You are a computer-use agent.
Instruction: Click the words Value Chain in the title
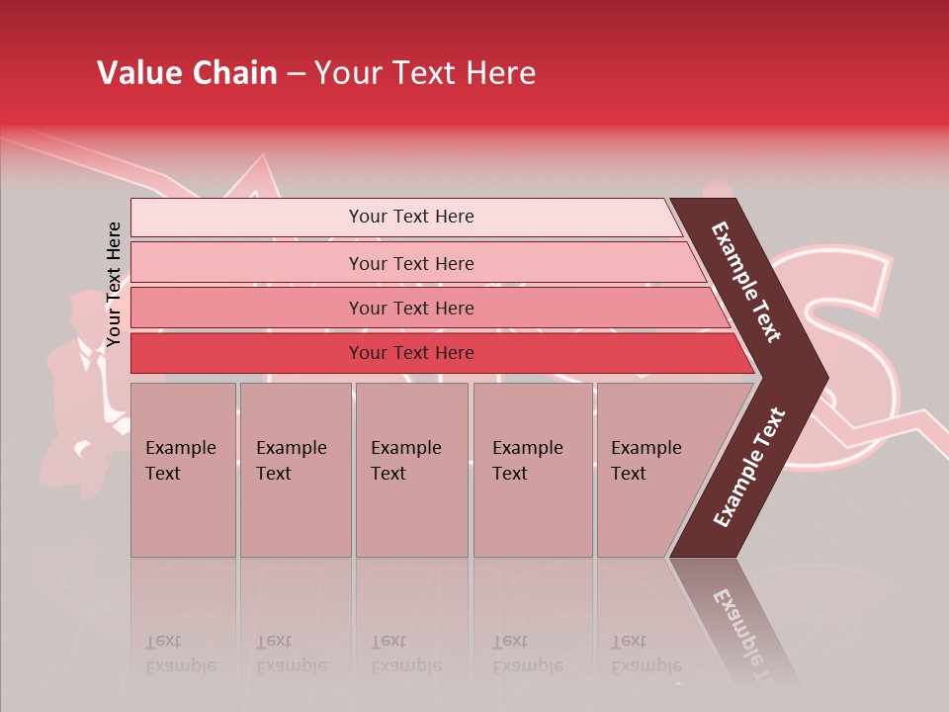coord(187,73)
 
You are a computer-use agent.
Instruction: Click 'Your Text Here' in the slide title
coord(425,73)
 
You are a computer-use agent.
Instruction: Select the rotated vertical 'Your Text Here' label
coord(114,284)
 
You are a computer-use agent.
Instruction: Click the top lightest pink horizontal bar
coord(411,217)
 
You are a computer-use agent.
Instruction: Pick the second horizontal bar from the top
coord(411,263)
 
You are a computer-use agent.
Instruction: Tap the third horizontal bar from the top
coord(411,308)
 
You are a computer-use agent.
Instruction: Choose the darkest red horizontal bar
coord(411,353)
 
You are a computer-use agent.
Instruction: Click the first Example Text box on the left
coord(183,469)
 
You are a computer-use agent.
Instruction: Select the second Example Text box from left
coord(295,469)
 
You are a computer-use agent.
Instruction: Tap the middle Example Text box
coord(411,469)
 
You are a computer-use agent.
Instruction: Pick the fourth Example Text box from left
coord(533,469)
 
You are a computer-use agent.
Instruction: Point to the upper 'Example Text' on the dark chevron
coord(746,282)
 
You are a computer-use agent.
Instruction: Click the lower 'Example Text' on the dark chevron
coord(748,467)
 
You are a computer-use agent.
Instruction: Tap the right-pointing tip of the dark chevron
coord(820,377)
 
